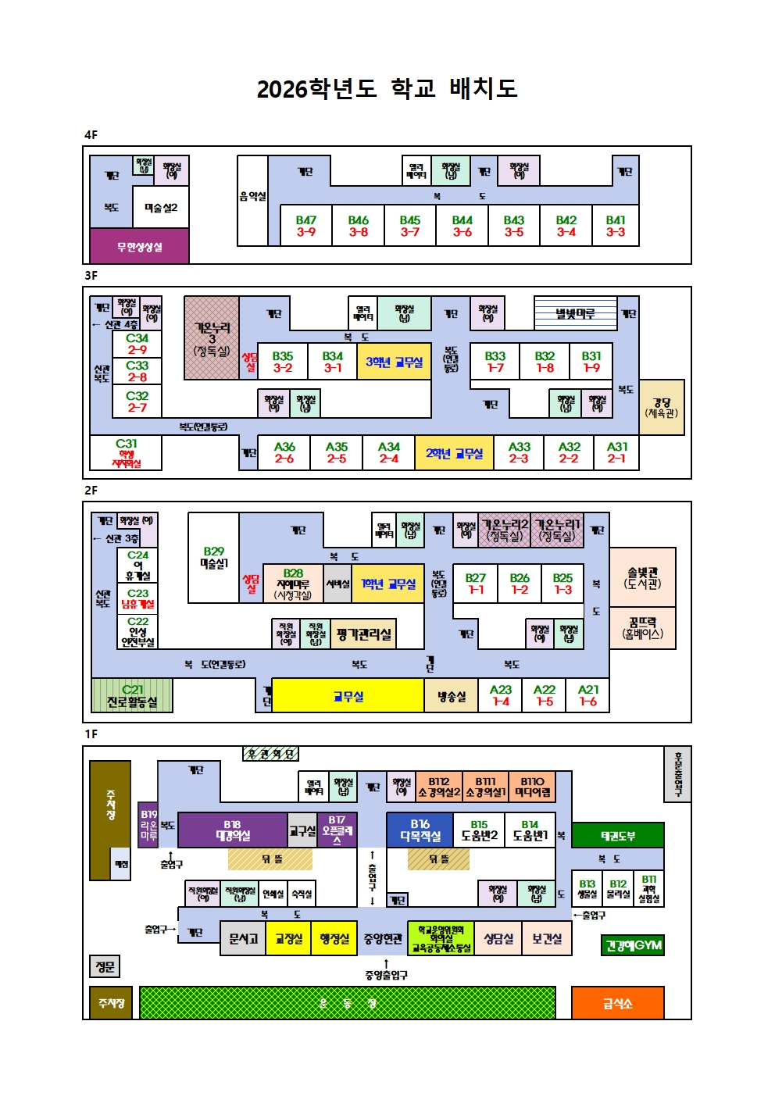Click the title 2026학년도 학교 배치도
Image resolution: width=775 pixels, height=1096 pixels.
coord(387,88)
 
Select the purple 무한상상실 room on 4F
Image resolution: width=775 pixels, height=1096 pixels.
coord(139,247)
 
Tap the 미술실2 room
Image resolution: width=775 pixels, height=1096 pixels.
coord(161,207)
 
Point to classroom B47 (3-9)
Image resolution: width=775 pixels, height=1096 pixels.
coord(305,226)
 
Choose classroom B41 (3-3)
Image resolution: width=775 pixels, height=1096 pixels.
coord(616,226)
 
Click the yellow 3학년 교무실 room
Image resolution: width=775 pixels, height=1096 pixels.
coord(394,362)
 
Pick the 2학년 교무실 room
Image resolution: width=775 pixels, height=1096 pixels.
coord(454,453)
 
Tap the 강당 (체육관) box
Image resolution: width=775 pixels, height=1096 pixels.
coord(662,407)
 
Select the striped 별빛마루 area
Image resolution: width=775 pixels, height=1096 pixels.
coord(575,313)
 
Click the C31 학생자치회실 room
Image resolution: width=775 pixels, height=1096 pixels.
coord(127,453)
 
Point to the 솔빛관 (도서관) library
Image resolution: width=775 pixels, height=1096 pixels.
coord(642,577)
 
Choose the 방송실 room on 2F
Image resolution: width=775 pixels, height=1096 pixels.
coord(451,695)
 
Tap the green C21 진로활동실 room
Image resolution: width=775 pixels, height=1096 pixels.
coord(132,695)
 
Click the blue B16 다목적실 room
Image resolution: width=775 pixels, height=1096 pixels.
coord(420,830)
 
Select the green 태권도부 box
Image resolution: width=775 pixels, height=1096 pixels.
coord(617,835)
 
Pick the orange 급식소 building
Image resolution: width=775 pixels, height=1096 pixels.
coord(617,1003)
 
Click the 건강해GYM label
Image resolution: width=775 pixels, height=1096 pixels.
coord(633,945)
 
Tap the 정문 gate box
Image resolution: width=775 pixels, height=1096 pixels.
coord(105,966)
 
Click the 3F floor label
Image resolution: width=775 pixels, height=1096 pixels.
coord(91,276)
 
